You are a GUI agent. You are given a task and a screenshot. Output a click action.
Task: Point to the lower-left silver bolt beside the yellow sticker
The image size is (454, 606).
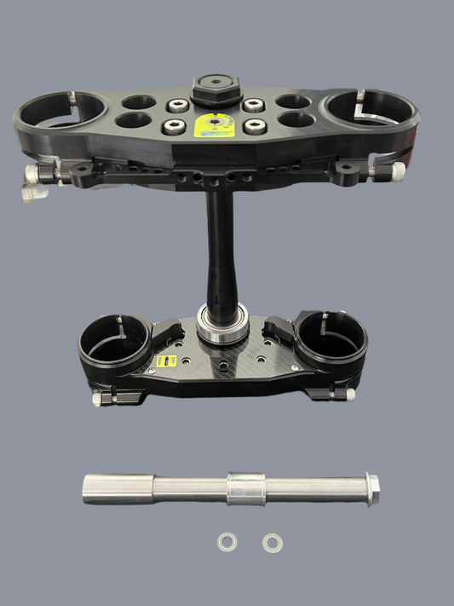coord(175,126)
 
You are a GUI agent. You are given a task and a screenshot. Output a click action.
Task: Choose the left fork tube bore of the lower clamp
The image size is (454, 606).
coord(114,344)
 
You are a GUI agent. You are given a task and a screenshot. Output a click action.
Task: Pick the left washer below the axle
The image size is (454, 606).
coord(226,541)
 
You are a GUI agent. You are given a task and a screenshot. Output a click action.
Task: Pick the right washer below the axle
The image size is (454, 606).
coord(272,541)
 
